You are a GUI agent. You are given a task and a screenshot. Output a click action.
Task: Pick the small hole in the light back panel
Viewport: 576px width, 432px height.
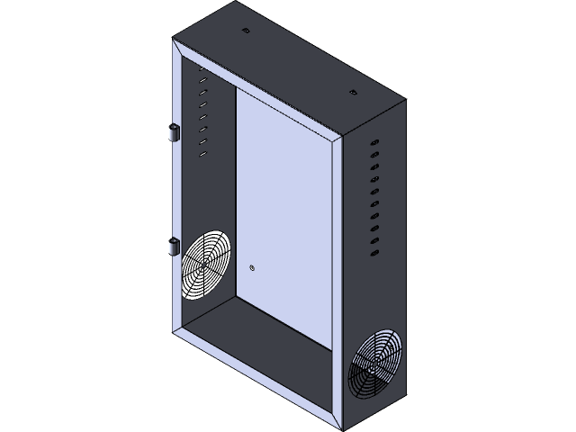pyautogui.click(x=253, y=267)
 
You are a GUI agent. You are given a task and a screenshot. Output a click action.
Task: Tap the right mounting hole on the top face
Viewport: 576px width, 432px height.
pyautogui.click(x=352, y=93)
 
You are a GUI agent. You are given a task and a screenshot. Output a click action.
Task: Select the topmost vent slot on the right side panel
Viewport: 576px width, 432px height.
pyautogui.click(x=372, y=141)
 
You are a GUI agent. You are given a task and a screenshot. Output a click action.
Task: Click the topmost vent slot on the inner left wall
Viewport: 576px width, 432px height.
pyautogui.click(x=202, y=80)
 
